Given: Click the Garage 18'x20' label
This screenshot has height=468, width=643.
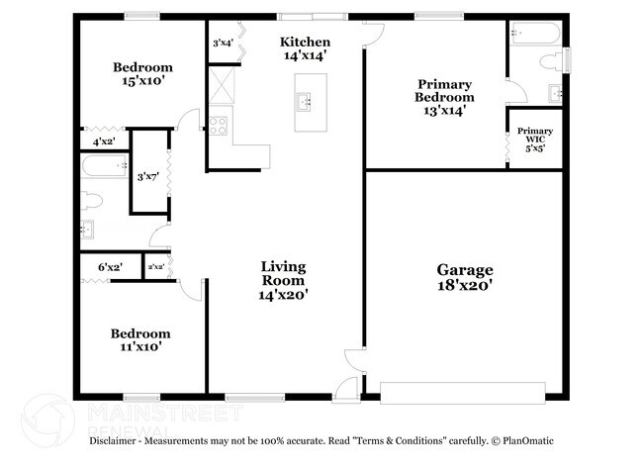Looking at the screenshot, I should click(465, 277).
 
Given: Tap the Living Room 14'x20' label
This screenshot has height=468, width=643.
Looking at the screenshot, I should click(283, 280).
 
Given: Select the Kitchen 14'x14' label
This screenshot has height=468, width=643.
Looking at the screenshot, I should click(305, 49).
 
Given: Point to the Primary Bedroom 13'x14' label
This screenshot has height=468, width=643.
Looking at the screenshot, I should click(444, 97).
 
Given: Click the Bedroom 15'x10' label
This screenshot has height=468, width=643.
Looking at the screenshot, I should click(142, 74).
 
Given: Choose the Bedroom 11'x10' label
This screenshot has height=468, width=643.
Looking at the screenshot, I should click(139, 340).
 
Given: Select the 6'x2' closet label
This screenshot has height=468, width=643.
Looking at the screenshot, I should click(111, 267).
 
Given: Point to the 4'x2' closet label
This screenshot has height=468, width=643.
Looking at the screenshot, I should click(103, 142).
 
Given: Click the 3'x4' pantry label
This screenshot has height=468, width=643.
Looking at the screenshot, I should click(223, 43).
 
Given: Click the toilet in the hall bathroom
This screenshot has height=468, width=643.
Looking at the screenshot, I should click(92, 201).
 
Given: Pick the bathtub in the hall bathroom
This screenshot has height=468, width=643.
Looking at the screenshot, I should click(102, 170).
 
